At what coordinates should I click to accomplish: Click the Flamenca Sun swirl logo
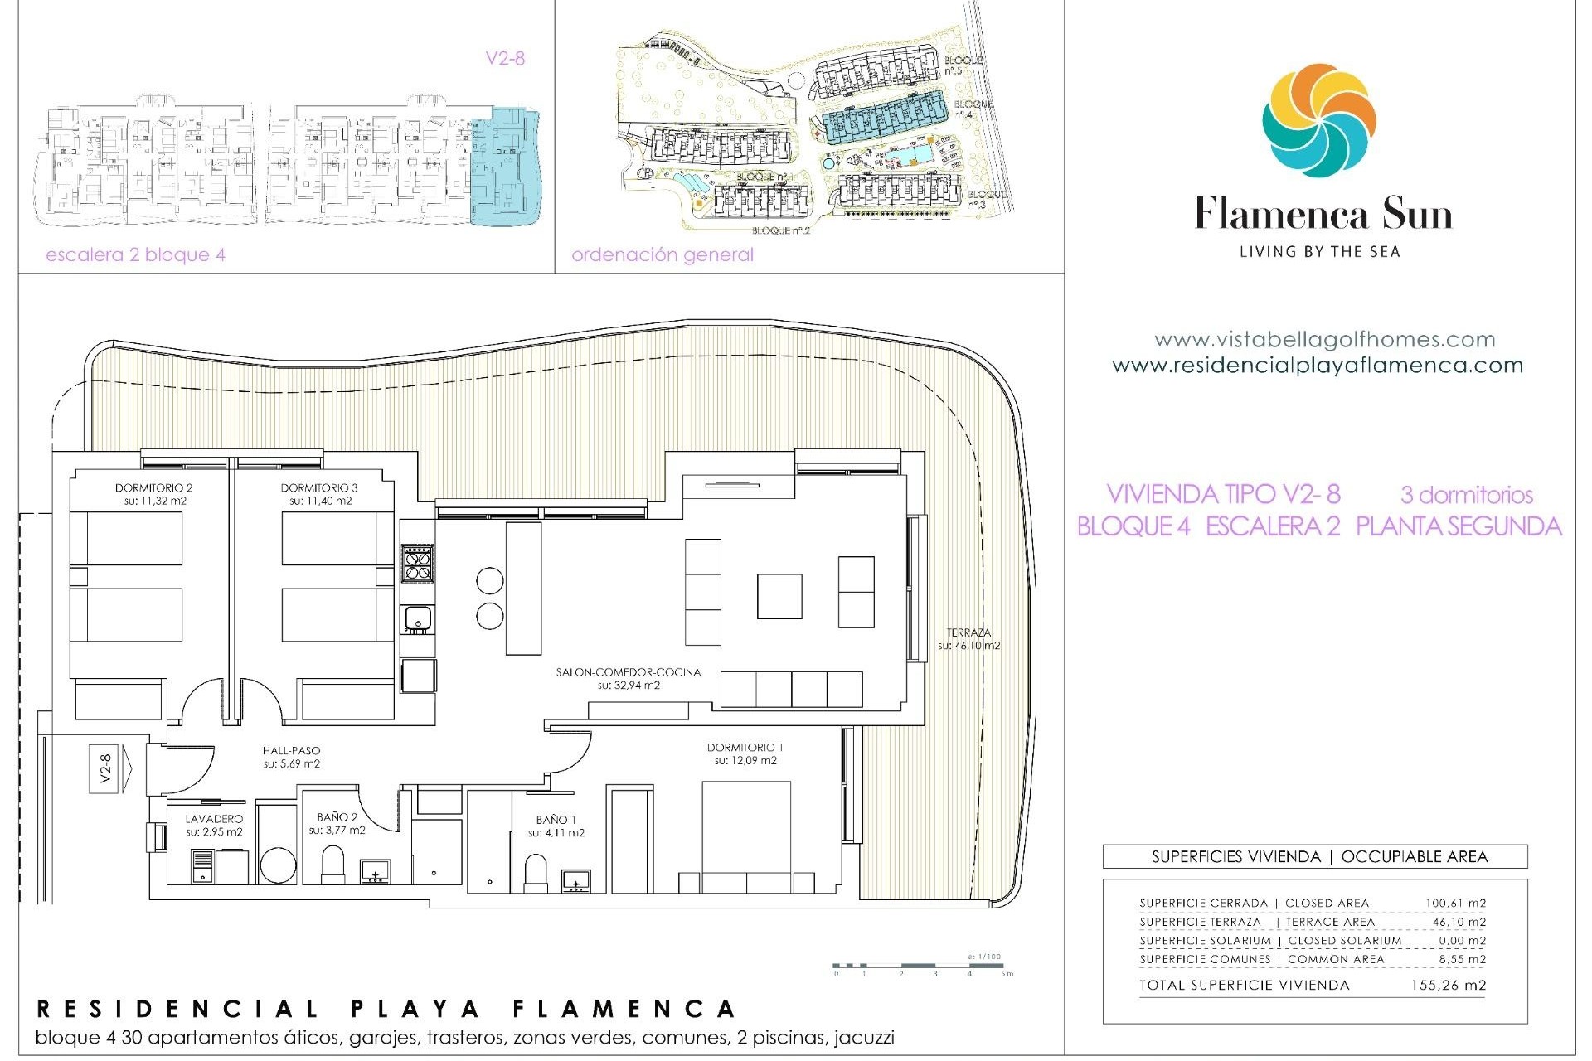coord(1319,120)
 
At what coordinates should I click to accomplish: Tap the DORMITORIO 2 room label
coord(153,488)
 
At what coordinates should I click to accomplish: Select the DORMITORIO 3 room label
coord(319,488)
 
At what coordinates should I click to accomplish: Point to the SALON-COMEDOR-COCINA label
coord(628,672)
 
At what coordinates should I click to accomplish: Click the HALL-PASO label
coord(291,751)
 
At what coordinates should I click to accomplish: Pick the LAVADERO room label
coord(214,819)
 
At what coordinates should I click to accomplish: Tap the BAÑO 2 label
coord(337,817)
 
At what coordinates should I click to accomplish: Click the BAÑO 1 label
coord(556,820)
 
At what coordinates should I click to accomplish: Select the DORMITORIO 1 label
coord(745,747)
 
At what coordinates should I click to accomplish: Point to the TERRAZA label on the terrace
coord(968,632)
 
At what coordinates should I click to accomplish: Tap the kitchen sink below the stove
coord(417,618)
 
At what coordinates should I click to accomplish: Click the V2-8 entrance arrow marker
coord(109,769)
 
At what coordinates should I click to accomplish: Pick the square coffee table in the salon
coord(779,596)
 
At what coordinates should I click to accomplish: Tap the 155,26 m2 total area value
coord(1448,986)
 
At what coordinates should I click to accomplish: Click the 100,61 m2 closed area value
coord(1455,903)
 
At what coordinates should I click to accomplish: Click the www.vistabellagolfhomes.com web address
coord(1324,340)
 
